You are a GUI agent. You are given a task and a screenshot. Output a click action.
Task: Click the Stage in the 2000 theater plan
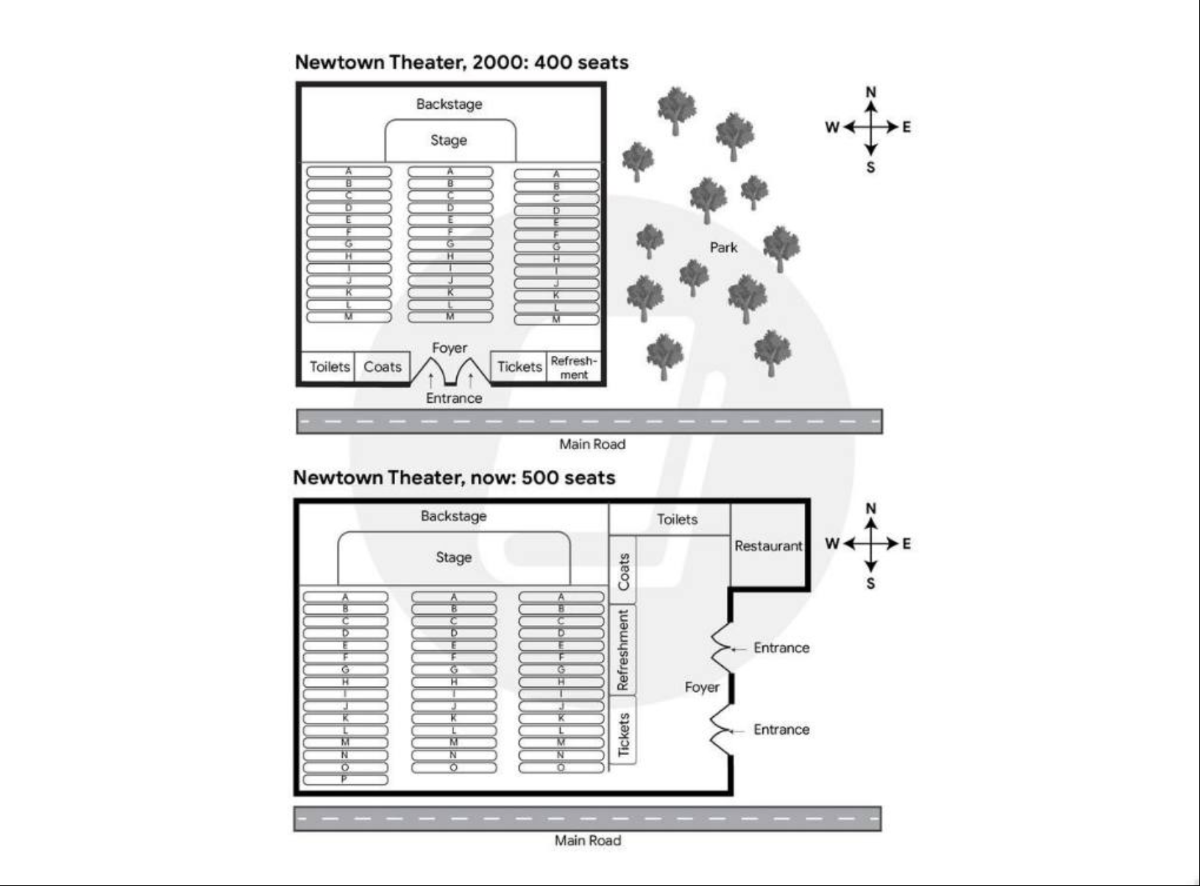(x=449, y=140)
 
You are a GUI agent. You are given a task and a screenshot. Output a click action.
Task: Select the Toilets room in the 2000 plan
(x=329, y=366)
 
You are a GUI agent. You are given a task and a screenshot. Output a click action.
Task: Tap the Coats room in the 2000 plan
(x=383, y=366)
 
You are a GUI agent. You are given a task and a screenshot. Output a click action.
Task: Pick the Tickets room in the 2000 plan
(x=519, y=366)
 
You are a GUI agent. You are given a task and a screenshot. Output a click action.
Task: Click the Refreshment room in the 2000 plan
(x=574, y=367)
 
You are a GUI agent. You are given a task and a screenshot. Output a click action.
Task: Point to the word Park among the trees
(x=723, y=247)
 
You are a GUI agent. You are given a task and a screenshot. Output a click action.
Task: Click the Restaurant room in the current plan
(x=768, y=546)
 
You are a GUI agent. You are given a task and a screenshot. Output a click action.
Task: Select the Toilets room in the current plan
(x=677, y=519)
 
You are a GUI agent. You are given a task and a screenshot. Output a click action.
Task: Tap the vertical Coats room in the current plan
(x=624, y=571)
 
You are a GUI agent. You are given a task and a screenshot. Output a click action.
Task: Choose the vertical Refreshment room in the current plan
(x=624, y=650)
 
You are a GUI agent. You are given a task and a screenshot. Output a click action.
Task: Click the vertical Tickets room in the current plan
(x=624, y=734)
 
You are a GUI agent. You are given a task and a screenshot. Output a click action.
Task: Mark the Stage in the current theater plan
(x=453, y=557)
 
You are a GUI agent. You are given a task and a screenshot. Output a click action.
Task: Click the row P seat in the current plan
(x=344, y=779)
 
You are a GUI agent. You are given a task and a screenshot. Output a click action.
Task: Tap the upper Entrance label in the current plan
(x=781, y=648)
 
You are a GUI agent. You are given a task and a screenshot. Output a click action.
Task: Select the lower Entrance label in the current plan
(x=781, y=729)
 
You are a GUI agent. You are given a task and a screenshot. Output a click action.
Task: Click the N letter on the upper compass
(x=871, y=92)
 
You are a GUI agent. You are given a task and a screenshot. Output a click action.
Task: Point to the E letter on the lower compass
(x=906, y=543)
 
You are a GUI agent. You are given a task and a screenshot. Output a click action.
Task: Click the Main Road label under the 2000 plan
(x=592, y=444)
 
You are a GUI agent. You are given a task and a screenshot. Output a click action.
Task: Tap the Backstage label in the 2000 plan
(x=449, y=104)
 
